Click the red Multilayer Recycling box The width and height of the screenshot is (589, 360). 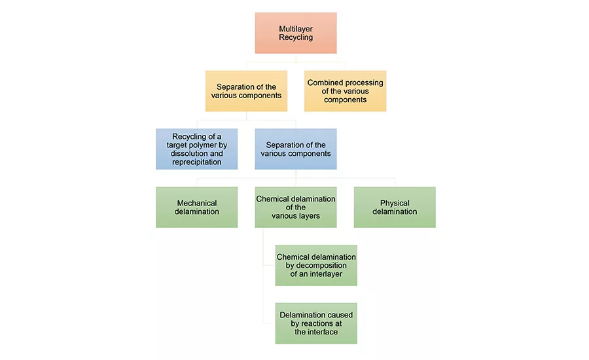tap(296, 33)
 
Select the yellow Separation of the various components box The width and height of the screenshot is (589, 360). tap(246, 91)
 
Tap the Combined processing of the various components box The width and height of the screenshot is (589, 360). tap(345, 91)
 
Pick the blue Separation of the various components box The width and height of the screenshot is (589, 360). tap(296, 149)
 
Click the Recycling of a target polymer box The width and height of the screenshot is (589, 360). tap(197, 149)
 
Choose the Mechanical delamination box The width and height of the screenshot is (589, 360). tap(197, 207)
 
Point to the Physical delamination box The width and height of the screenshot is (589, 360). tap(395, 207)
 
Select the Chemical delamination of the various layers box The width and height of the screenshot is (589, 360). tap(296, 207)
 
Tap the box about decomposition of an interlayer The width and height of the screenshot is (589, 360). tap(316, 265)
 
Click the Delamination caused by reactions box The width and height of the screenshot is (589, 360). tap(316, 323)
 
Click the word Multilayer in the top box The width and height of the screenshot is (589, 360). tap(296, 29)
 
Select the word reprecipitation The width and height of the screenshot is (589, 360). tap(197, 162)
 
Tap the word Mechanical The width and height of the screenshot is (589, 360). tap(197, 203)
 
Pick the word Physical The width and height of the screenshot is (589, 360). tap(395, 203)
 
